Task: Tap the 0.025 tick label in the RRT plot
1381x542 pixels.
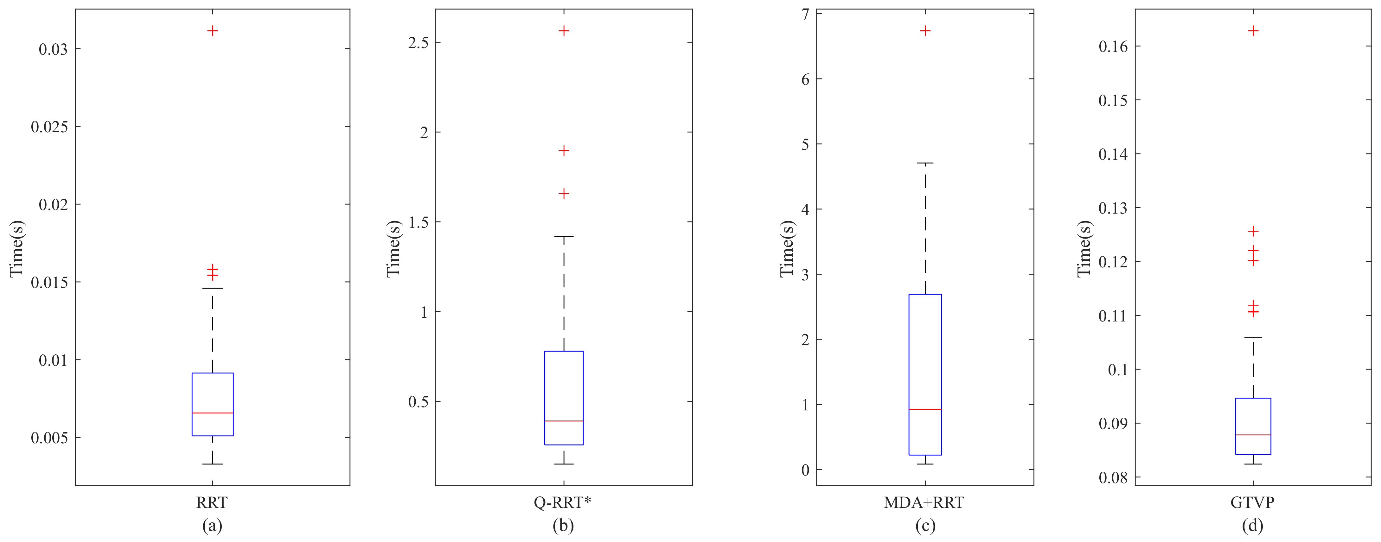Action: point(49,127)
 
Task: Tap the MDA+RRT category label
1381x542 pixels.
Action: point(924,502)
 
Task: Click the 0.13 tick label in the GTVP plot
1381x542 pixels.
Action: point(1114,208)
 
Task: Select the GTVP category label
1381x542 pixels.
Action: point(1252,502)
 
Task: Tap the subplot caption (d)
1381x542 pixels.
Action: point(1252,526)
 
